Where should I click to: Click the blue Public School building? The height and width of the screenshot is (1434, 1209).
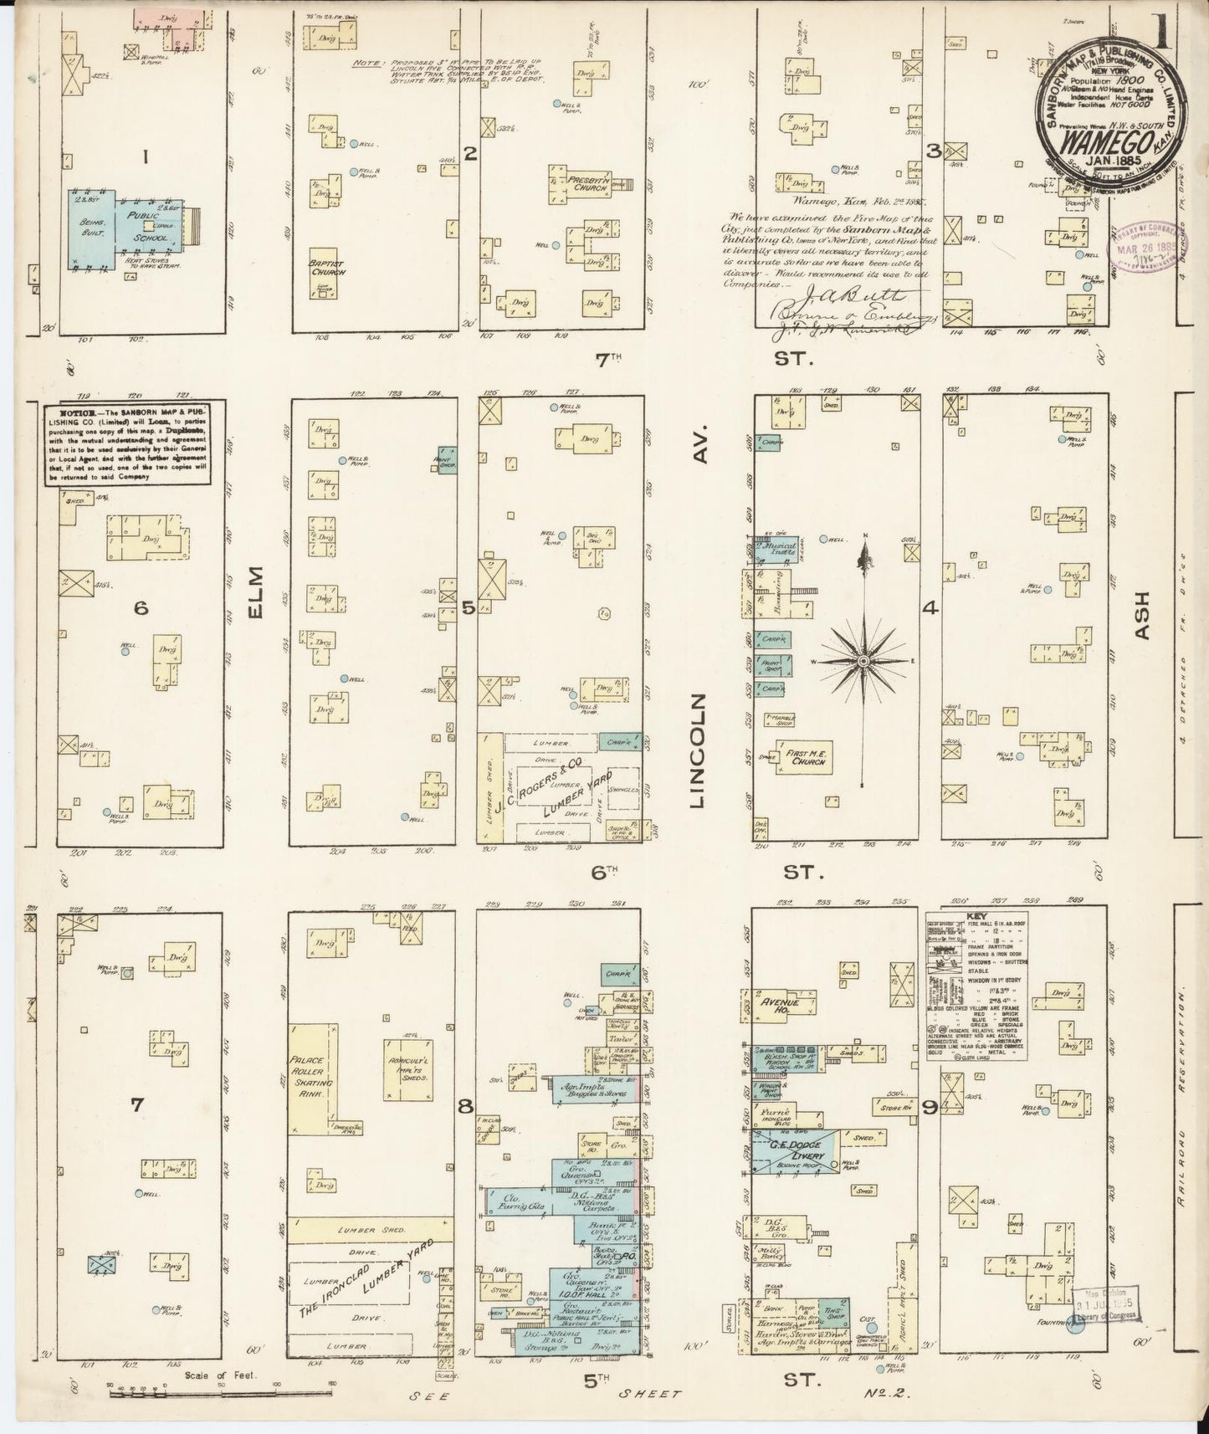[126, 228]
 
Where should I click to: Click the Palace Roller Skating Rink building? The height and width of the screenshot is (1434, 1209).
[312, 1078]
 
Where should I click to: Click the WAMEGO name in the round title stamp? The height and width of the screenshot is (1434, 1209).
[1090, 138]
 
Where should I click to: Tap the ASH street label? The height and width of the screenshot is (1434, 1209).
[1143, 617]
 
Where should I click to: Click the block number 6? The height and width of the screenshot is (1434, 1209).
[141, 608]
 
